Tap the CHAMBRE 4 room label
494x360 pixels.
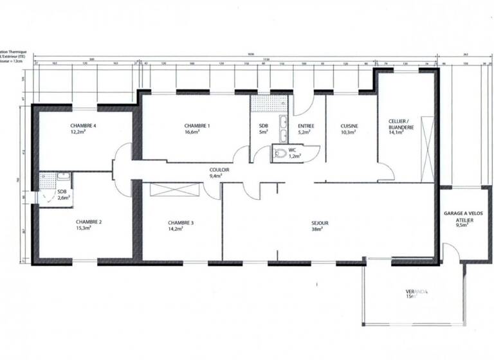pyautogui.click(x=83, y=125)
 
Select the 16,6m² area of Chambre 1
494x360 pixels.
pyautogui.click(x=197, y=133)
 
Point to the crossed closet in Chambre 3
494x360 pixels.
pyautogui.click(x=174, y=190)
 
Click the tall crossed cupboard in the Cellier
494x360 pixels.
pyautogui.click(x=426, y=149)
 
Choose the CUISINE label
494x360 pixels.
pyautogui.click(x=349, y=126)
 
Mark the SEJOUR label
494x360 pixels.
pyautogui.click(x=320, y=223)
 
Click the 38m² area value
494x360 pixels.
pyautogui.click(x=320, y=230)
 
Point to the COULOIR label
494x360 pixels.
pyautogui.click(x=219, y=169)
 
